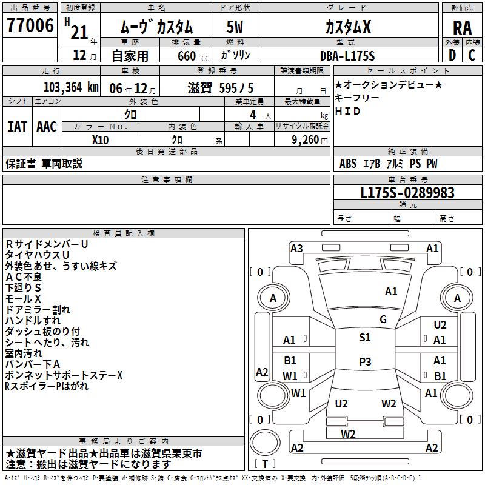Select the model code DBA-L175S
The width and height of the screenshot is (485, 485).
(348, 56)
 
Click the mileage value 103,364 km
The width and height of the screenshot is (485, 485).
(72, 87)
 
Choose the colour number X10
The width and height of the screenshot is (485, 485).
(100, 139)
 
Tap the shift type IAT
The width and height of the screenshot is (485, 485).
(18, 126)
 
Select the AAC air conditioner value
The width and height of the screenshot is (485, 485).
(47, 126)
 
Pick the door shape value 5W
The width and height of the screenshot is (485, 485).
(235, 27)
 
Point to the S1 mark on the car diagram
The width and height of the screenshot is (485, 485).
(365, 338)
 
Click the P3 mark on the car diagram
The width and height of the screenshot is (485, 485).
(365, 361)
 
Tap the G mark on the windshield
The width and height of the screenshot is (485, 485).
(383, 319)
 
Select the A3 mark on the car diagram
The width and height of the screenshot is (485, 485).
(296, 248)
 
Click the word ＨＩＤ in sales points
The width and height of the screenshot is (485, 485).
(348, 111)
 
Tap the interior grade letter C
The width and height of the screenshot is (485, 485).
(472, 55)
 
